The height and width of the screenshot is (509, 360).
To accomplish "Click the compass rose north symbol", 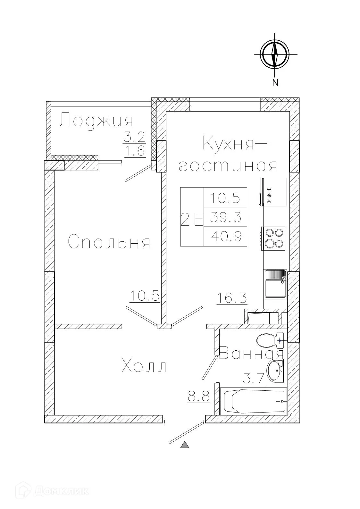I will pos(274,54).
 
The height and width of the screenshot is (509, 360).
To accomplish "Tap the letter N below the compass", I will pos(275,83).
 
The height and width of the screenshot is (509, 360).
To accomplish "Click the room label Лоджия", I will pos(96,121).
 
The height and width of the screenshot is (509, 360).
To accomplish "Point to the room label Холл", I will pos(145,366).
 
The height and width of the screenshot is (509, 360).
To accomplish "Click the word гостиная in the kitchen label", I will pos(228,166).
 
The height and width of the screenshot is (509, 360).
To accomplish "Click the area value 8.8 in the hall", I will pos(198,397).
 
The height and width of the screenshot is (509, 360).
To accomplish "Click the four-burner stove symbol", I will pos(274,238).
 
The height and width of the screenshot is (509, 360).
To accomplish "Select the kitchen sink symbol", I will pos(275,284).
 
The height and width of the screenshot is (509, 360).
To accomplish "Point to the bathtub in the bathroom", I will pos(253,401).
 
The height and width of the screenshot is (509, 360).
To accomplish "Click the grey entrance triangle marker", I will pos(185,445).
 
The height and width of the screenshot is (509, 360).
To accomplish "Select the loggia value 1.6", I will pos(135,151).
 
